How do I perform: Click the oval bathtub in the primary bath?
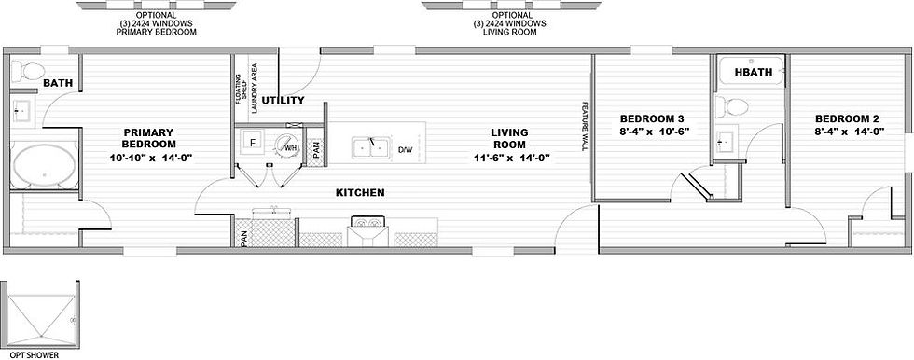pyautogui.click(x=45, y=166)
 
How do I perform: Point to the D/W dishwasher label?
pyautogui.click(x=405, y=150)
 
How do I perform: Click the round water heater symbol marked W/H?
pyautogui.click(x=287, y=145)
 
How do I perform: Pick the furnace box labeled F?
pyautogui.click(x=253, y=142)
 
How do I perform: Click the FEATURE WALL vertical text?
pyautogui.click(x=584, y=128)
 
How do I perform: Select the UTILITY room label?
pyautogui.click(x=283, y=100)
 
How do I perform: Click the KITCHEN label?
pyautogui.click(x=360, y=192)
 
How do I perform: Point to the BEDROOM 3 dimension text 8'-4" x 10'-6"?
pyautogui.click(x=655, y=132)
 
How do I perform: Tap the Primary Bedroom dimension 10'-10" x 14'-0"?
pyautogui.click(x=151, y=158)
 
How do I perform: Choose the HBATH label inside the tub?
pyautogui.click(x=754, y=72)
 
